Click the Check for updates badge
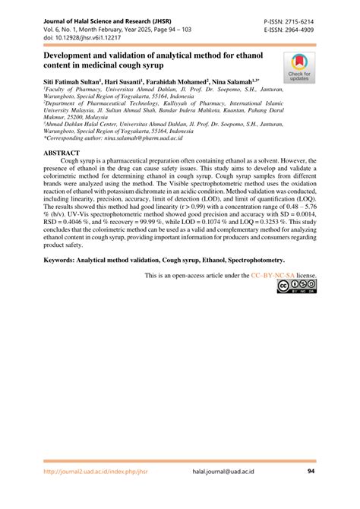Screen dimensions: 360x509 (x=298, y=67)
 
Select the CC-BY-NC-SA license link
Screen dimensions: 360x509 (x=275, y=274)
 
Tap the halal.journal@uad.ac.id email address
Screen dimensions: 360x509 (x=224, y=492)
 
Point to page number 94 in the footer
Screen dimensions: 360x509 (x=311, y=492)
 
